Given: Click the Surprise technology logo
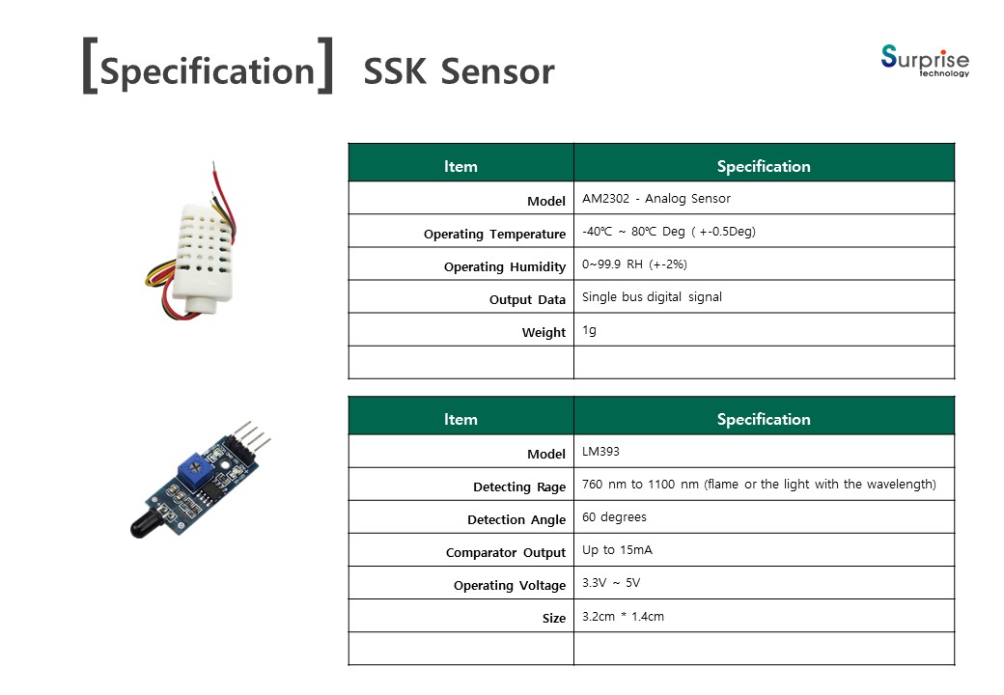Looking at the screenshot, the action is (x=925, y=61).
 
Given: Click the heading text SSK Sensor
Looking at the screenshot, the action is (x=459, y=71).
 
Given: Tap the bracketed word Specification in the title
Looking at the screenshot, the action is (x=208, y=70).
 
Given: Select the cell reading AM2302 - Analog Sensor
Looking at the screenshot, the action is (x=656, y=199).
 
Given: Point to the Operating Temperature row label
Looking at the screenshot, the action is (x=494, y=235).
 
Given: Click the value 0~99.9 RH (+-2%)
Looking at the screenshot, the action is (x=634, y=264).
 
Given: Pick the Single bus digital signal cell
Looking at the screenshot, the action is (x=652, y=297).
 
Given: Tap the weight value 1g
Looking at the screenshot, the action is (x=589, y=330).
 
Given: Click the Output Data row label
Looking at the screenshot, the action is (x=527, y=299).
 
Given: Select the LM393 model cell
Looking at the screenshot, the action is (x=600, y=451).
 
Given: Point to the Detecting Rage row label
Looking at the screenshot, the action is (x=519, y=487).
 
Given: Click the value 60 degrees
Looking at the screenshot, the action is (x=614, y=517).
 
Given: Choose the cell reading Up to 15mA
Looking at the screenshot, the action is (x=617, y=550).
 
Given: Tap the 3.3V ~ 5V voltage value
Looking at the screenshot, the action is (x=611, y=583).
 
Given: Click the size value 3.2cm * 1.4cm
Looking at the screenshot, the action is (x=623, y=616).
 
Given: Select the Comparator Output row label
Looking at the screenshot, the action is (x=506, y=552).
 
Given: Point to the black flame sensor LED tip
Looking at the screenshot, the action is (x=147, y=523).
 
